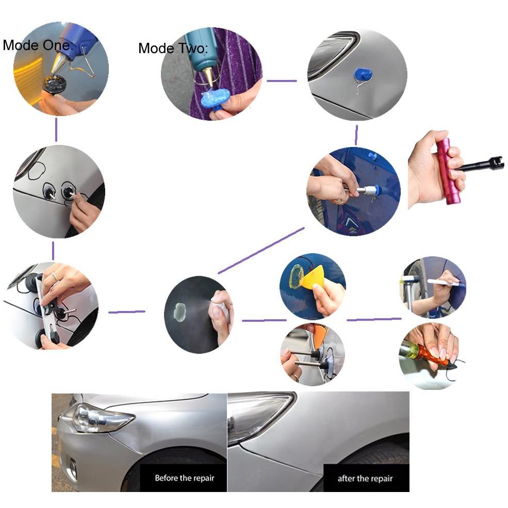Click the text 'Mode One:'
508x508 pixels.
(x=38, y=45)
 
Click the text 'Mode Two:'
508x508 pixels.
(x=173, y=48)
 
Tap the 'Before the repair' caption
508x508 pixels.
(x=184, y=478)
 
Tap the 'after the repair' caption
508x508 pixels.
(x=365, y=479)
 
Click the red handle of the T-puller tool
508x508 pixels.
(x=446, y=171)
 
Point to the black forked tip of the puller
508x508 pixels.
(x=496, y=162)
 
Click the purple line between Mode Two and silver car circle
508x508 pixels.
(x=282, y=80)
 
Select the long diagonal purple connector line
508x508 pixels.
(x=261, y=251)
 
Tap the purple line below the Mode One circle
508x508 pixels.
(x=56, y=129)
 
